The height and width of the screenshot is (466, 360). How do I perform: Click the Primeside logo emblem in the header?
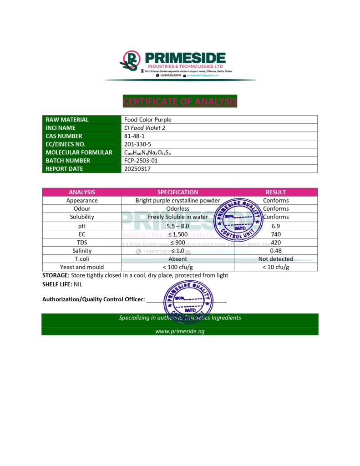tap(130, 60)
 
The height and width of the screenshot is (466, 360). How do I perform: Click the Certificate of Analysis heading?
tap(180, 101)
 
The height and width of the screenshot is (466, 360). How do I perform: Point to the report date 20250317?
tap(137, 169)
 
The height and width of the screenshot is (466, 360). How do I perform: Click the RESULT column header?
tap(275, 192)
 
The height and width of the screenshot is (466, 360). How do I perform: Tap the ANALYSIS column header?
tap(82, 192)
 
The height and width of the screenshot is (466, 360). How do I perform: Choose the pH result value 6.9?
tap(275, 226)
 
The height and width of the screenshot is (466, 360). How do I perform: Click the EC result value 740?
tap(275, 234)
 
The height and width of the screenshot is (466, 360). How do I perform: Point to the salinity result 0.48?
tap(275, 251)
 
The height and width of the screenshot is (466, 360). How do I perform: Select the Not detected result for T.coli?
tap(275, 259)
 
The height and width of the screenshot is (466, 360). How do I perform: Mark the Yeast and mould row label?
tap(82, 267)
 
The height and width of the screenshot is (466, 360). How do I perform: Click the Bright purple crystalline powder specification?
tap(177, 201)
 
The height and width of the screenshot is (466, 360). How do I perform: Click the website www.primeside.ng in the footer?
tap(180, 331)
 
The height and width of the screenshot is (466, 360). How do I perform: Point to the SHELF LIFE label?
tap(56, 284)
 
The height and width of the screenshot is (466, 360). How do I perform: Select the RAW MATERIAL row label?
tap(67, 120)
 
